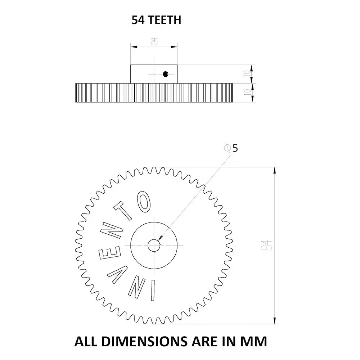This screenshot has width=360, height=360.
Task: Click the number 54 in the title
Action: (138, 20)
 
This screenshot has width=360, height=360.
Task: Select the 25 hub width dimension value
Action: (154, 42)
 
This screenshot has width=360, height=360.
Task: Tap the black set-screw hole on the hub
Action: (165, 74)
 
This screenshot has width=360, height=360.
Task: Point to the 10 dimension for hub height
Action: (247, 74)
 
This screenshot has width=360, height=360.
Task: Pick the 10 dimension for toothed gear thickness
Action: (247, 92)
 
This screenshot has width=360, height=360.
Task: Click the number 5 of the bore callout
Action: (235, 148)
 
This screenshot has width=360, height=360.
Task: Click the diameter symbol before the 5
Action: (227, 148)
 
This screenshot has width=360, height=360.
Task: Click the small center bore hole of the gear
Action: (154, 246)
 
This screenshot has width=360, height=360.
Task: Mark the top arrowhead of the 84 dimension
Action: (275, 170)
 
